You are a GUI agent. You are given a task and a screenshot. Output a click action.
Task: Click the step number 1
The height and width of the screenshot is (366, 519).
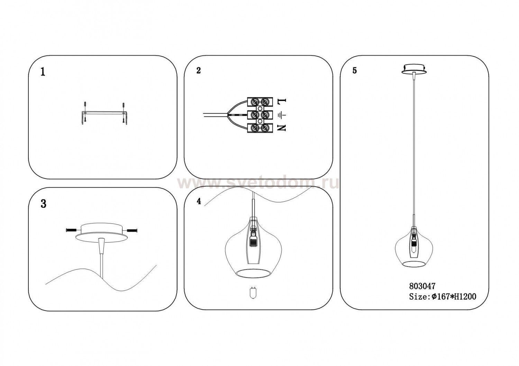coord(43,72)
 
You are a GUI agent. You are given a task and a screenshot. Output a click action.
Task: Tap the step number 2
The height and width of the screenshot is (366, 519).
coord(198,71)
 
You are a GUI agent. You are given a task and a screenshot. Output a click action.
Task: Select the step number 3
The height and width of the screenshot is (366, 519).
coord(43,204)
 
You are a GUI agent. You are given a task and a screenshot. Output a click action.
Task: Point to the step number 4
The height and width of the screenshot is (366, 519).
coord(199,201)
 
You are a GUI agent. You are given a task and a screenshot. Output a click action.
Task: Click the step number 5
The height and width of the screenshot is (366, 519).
coord(355,71)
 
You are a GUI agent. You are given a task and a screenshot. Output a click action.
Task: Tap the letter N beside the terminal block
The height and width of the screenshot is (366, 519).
coord(282,128)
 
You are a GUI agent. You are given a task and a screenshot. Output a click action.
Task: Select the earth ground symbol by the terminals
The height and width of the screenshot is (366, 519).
coord(282,115)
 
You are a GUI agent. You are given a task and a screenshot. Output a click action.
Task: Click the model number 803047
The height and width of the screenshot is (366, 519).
coord(422,287)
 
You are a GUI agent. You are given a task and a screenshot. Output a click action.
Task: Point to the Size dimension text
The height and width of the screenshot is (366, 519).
coord(443,297)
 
